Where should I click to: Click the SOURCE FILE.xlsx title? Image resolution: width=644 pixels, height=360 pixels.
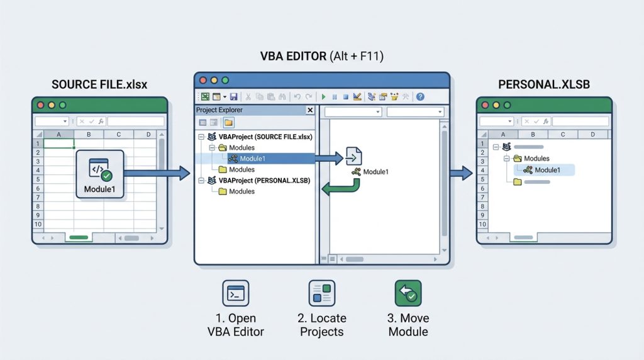point(99,84)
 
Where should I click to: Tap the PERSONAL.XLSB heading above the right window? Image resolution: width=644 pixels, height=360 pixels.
point(543,84)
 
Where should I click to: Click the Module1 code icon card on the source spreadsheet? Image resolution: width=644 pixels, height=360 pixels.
point(100,174)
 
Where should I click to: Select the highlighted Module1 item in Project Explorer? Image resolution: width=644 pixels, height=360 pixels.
point(252,159)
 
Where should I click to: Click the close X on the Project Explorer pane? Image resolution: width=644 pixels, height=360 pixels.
point(309,110)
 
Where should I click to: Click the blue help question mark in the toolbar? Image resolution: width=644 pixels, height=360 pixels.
point(420,97)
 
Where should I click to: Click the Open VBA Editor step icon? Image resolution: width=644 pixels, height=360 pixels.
point(236,293)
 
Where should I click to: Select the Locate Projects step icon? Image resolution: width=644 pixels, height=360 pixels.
point(322,293)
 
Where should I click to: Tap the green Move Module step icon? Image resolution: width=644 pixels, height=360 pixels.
point(408,293)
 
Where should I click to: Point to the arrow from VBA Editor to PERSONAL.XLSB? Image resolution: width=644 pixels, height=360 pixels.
point(462,171)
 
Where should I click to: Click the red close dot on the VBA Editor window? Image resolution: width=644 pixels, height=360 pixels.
point(203,81)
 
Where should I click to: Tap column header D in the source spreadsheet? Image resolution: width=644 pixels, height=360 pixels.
point(147,134)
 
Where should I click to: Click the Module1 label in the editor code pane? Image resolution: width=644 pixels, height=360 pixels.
point(375,172)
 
